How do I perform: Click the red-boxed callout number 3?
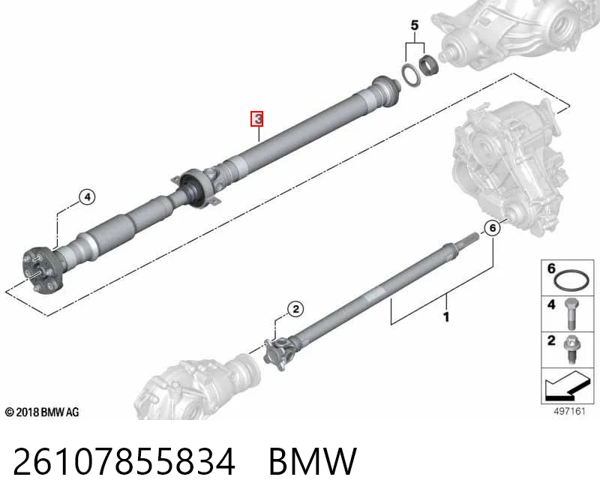tap(257, 118)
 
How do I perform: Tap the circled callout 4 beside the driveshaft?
tap(87, 197)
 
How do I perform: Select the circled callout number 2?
tap(295, 309)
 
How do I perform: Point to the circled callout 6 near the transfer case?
tap(493, 228)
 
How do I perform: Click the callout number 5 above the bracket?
tap(415, 25)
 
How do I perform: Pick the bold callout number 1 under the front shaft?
tap(445, 316)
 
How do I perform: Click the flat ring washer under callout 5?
tap(411, 76)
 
